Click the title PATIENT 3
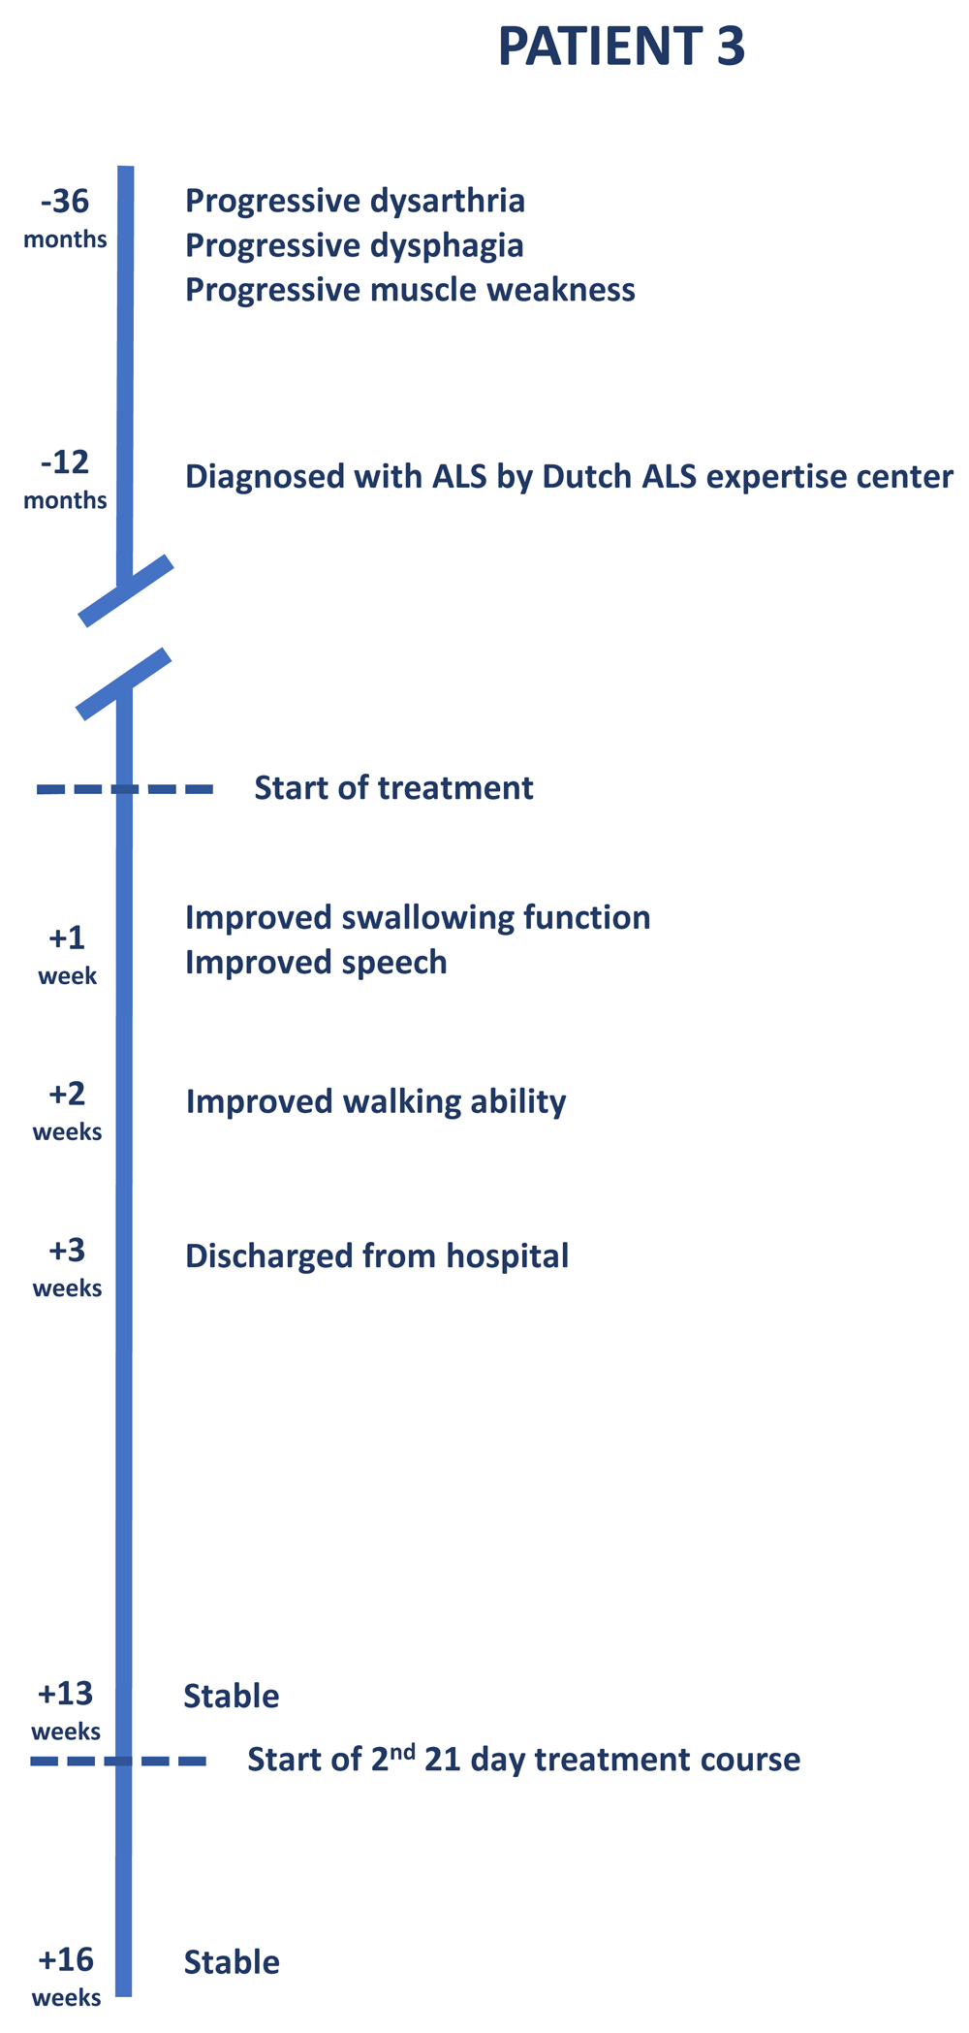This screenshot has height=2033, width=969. pos(621,47)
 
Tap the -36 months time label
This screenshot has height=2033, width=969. pos(65,219)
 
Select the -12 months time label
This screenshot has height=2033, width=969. pos(65,480)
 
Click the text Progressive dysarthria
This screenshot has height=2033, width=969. pos(355,202)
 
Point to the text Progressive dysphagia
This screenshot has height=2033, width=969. pos(354,246)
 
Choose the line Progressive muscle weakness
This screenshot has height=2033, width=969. pos(410,290)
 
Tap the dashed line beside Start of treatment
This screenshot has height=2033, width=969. pos(125,790)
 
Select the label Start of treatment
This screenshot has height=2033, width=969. pos(393,788)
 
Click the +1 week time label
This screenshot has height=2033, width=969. pos(67,955)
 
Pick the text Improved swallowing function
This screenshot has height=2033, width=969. pos(418,918)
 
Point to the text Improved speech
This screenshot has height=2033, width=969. pos(316,963)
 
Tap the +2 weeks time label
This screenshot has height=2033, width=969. pos(67,1111)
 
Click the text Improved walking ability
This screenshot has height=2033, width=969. pos(376,1102)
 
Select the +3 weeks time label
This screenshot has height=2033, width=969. pos(67,1267)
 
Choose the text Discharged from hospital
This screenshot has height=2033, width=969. pos(377,1256)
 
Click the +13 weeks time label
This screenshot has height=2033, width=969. pos(66,1710)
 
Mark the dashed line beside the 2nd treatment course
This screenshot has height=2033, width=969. pos(118,1761)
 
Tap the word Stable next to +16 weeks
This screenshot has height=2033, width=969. pos(232,1962)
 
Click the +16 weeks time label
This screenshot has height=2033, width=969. pos(66,1977)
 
